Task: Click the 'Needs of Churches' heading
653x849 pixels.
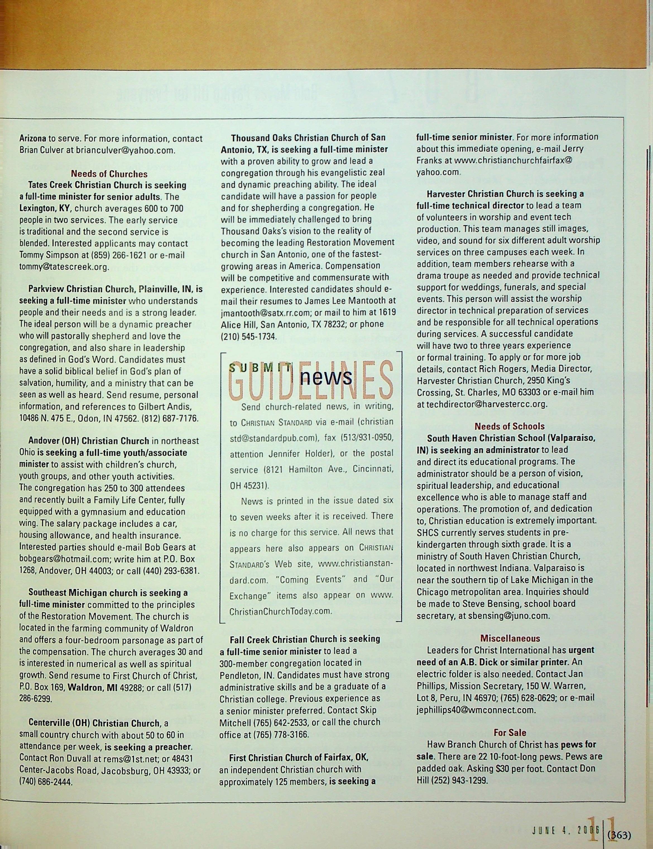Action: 109,174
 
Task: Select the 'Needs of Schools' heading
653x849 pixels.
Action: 509,426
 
